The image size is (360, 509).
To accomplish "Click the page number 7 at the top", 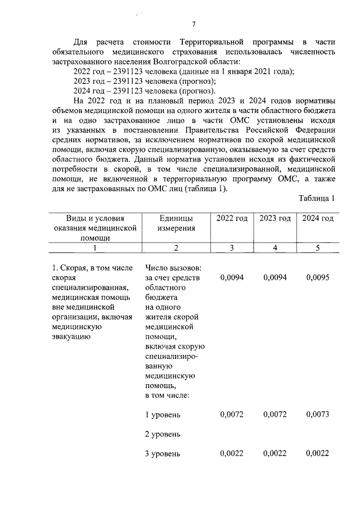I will point(194,24).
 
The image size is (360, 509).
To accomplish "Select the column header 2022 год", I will point(232,218).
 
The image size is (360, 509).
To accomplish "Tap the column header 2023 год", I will point(275,218).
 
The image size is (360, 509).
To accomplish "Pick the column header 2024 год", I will point(318,218).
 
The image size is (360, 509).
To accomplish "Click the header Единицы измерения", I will point(175,223).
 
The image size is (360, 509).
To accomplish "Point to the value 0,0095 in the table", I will point(318,277).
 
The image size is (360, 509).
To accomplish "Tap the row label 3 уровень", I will point(163,453).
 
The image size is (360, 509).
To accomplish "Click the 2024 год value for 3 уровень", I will point(318,453).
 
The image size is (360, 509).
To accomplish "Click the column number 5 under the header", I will point(318,248).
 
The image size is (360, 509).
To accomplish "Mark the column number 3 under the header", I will point(232,248).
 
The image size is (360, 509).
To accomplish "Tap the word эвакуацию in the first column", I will point(70,336).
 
